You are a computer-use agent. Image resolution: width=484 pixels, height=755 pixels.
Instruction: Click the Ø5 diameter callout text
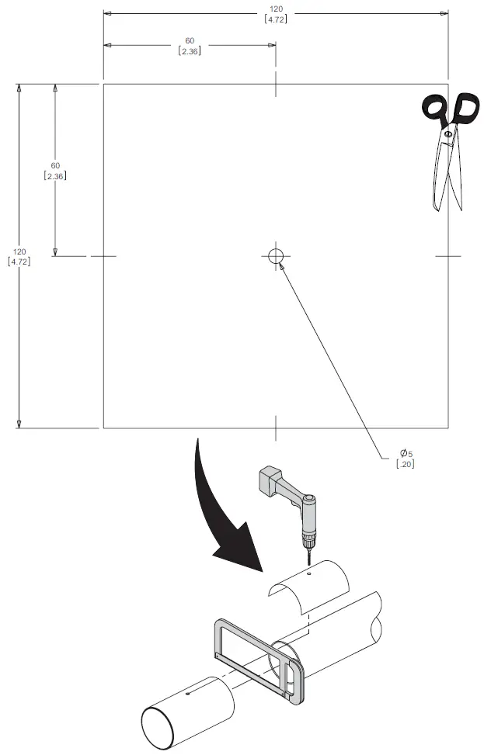(x=406, y=453)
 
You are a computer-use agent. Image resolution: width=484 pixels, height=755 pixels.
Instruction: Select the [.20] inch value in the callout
(x=405, y=464)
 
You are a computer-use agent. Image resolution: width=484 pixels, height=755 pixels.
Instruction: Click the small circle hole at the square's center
(x=276, y=256)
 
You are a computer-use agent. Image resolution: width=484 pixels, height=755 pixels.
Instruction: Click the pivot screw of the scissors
(x=447, y=135)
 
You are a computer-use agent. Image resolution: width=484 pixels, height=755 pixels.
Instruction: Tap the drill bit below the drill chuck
(x=306, y=555)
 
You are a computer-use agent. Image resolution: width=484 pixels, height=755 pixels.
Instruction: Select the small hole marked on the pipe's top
(x=188, y=693)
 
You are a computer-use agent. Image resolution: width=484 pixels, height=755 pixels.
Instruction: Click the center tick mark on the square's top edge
(x=276, y=84)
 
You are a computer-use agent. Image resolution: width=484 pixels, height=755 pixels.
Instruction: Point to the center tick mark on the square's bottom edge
(x=276, y=427)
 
